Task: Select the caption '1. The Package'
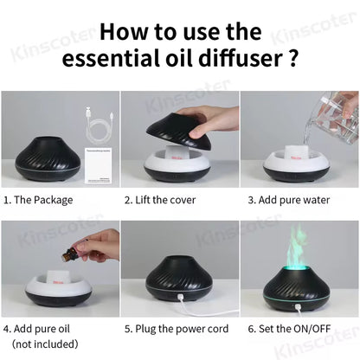38,200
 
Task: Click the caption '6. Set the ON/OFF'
290,329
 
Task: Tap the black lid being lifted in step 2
169,130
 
